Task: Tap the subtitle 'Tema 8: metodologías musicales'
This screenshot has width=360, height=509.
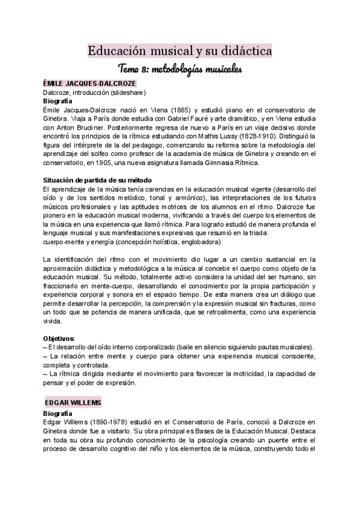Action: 180,69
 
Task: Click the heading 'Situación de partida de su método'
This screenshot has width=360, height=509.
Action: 98,181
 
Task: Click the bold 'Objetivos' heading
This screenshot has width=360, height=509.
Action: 59,339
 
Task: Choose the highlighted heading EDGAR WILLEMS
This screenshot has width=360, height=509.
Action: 73,401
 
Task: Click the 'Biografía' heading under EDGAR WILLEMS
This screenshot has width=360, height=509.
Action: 58,414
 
